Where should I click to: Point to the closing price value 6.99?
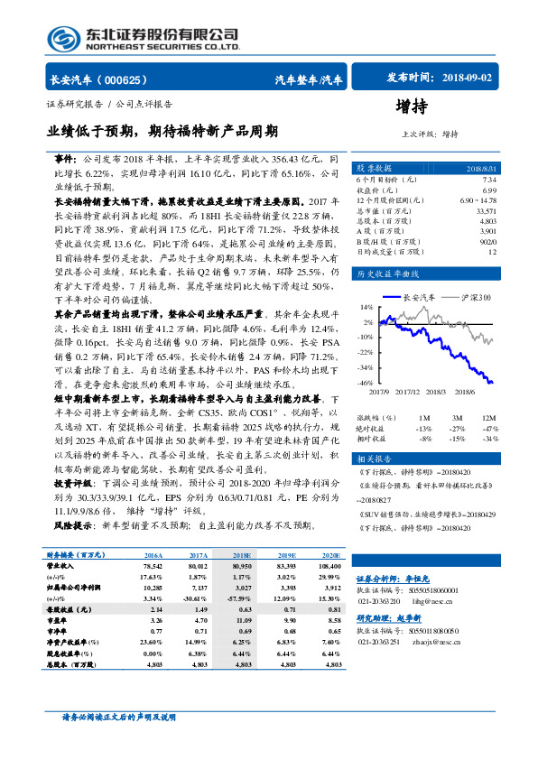tap(487, 190)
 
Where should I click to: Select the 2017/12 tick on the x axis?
tap(412, 392)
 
